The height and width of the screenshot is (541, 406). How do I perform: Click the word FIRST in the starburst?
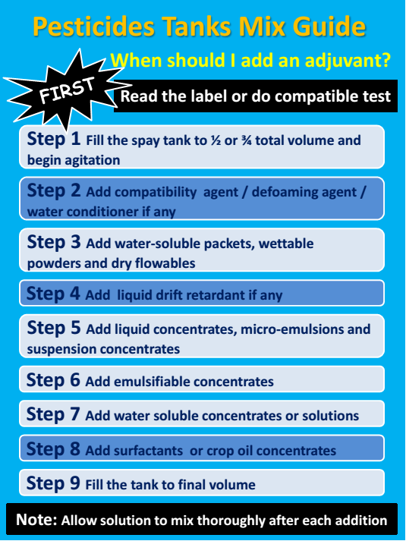coord(67,93)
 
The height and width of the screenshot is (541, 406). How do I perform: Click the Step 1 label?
coord(53,140)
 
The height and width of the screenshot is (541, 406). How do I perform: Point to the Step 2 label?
coord(53,190)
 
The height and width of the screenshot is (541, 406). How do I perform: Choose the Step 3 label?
coord(53,243)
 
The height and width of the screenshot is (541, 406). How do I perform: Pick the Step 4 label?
coord(53,294)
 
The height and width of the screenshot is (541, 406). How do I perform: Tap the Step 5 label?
coord(53,329)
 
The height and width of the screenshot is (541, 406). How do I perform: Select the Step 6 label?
coord(53,380)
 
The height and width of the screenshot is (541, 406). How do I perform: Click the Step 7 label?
coord(53,415)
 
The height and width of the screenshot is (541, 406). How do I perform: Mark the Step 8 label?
coord(53,449)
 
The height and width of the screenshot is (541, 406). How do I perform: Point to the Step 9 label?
coord(53,483)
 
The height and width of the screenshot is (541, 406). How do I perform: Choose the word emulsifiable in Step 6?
coord(151,382)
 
